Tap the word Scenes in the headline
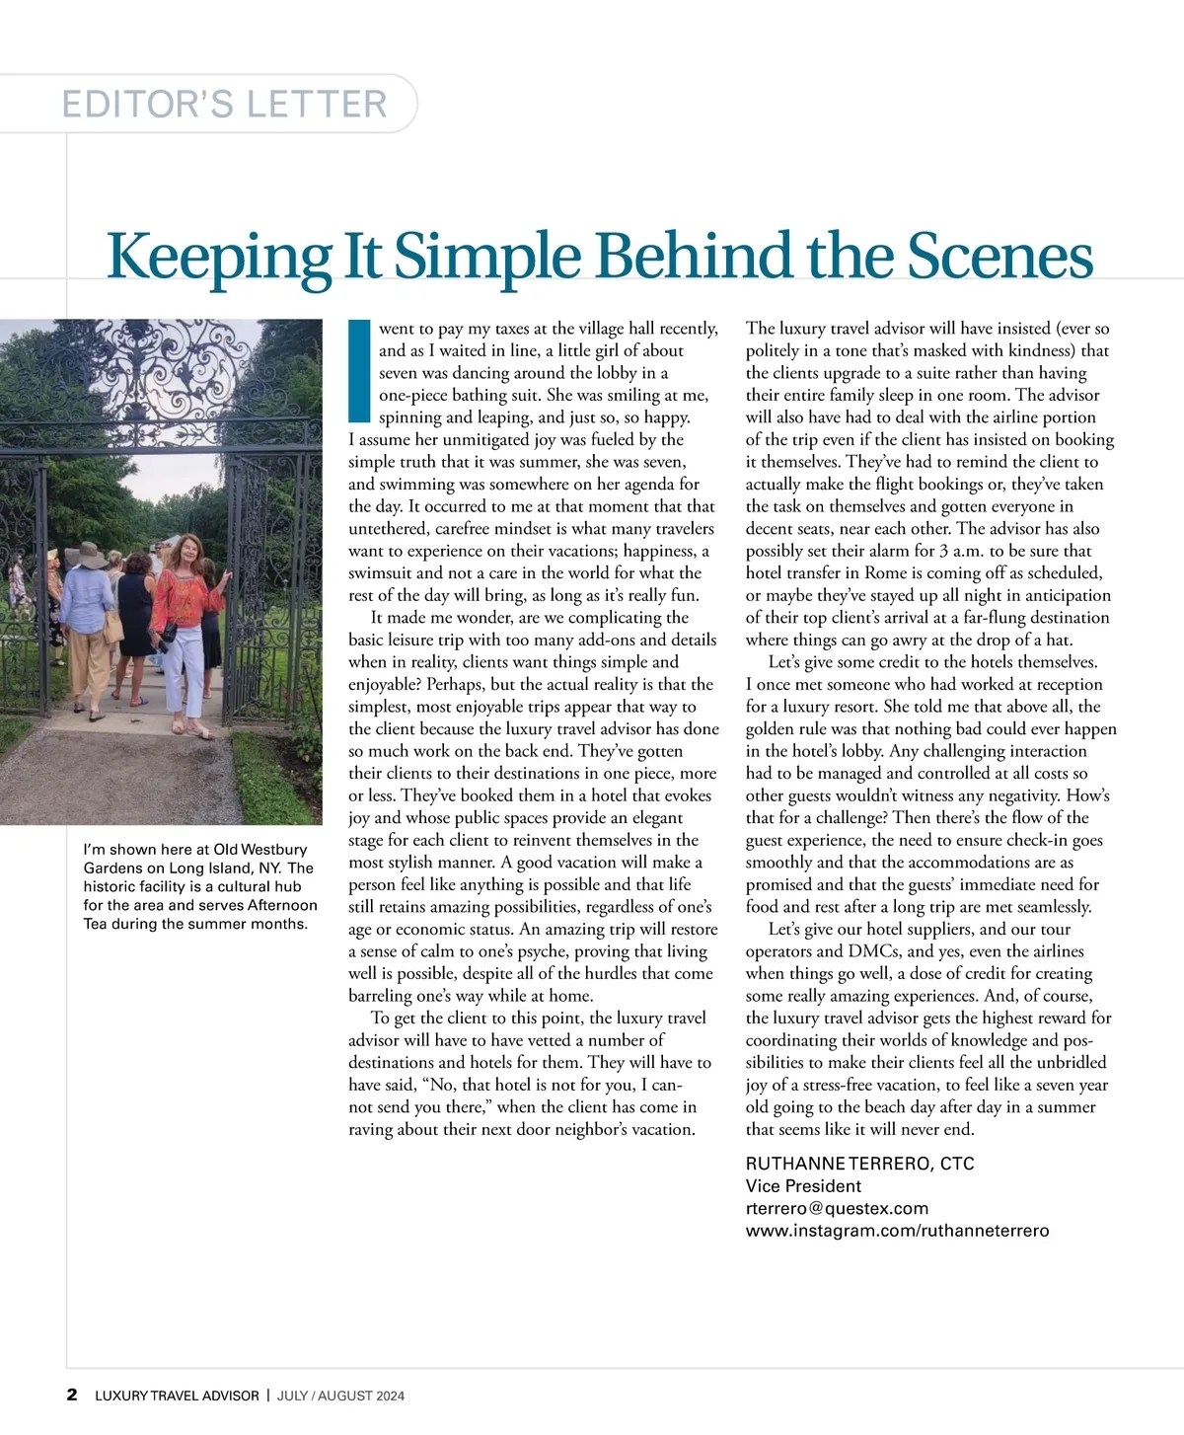click(999, 256)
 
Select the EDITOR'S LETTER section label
click(225, 104)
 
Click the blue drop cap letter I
click(359, 371)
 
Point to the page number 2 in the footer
click(72, 1395)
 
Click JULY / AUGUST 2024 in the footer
click(340, 1396)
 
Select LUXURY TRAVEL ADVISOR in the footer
click(177, 1396)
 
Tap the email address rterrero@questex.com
click(837, 1208)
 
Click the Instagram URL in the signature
click(897, 1231)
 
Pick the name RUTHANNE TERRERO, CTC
click(859, 1164)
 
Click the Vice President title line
click(803, 1186)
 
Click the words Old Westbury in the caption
click(259, 849)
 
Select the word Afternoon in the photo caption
click(282, 905)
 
